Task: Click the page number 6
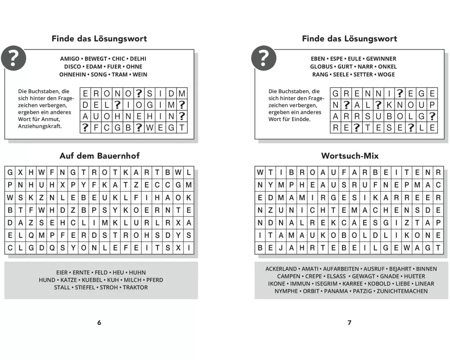99,323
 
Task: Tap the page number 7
350,323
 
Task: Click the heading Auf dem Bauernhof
99,156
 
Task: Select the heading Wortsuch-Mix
350,156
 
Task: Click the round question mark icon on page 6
13,58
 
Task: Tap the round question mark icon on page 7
264,58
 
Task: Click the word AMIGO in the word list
70,59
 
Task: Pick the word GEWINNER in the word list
381,59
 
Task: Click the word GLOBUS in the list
321,67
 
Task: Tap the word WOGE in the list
386,74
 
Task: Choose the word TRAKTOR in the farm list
135,288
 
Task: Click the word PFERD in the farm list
154,280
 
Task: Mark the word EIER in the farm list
62,272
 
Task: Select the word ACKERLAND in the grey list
281,269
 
